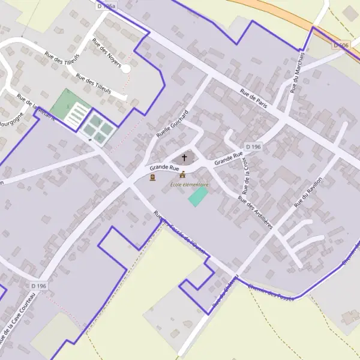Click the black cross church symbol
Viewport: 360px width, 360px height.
pos(184,158)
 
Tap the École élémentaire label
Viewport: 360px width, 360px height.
pos(189,185)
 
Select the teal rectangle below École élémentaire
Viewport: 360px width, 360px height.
pos(198,197)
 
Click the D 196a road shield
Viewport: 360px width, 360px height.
pos(105,5)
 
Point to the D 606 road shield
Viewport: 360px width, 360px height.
pos(341,45)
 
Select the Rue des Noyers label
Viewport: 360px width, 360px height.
pos(107,52)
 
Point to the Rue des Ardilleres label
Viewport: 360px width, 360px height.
pos(255,212)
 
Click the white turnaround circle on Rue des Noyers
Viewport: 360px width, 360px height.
pos(126,69)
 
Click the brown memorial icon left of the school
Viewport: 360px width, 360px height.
pos(152,178)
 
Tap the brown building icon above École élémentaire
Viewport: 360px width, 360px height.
pos(182,175)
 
